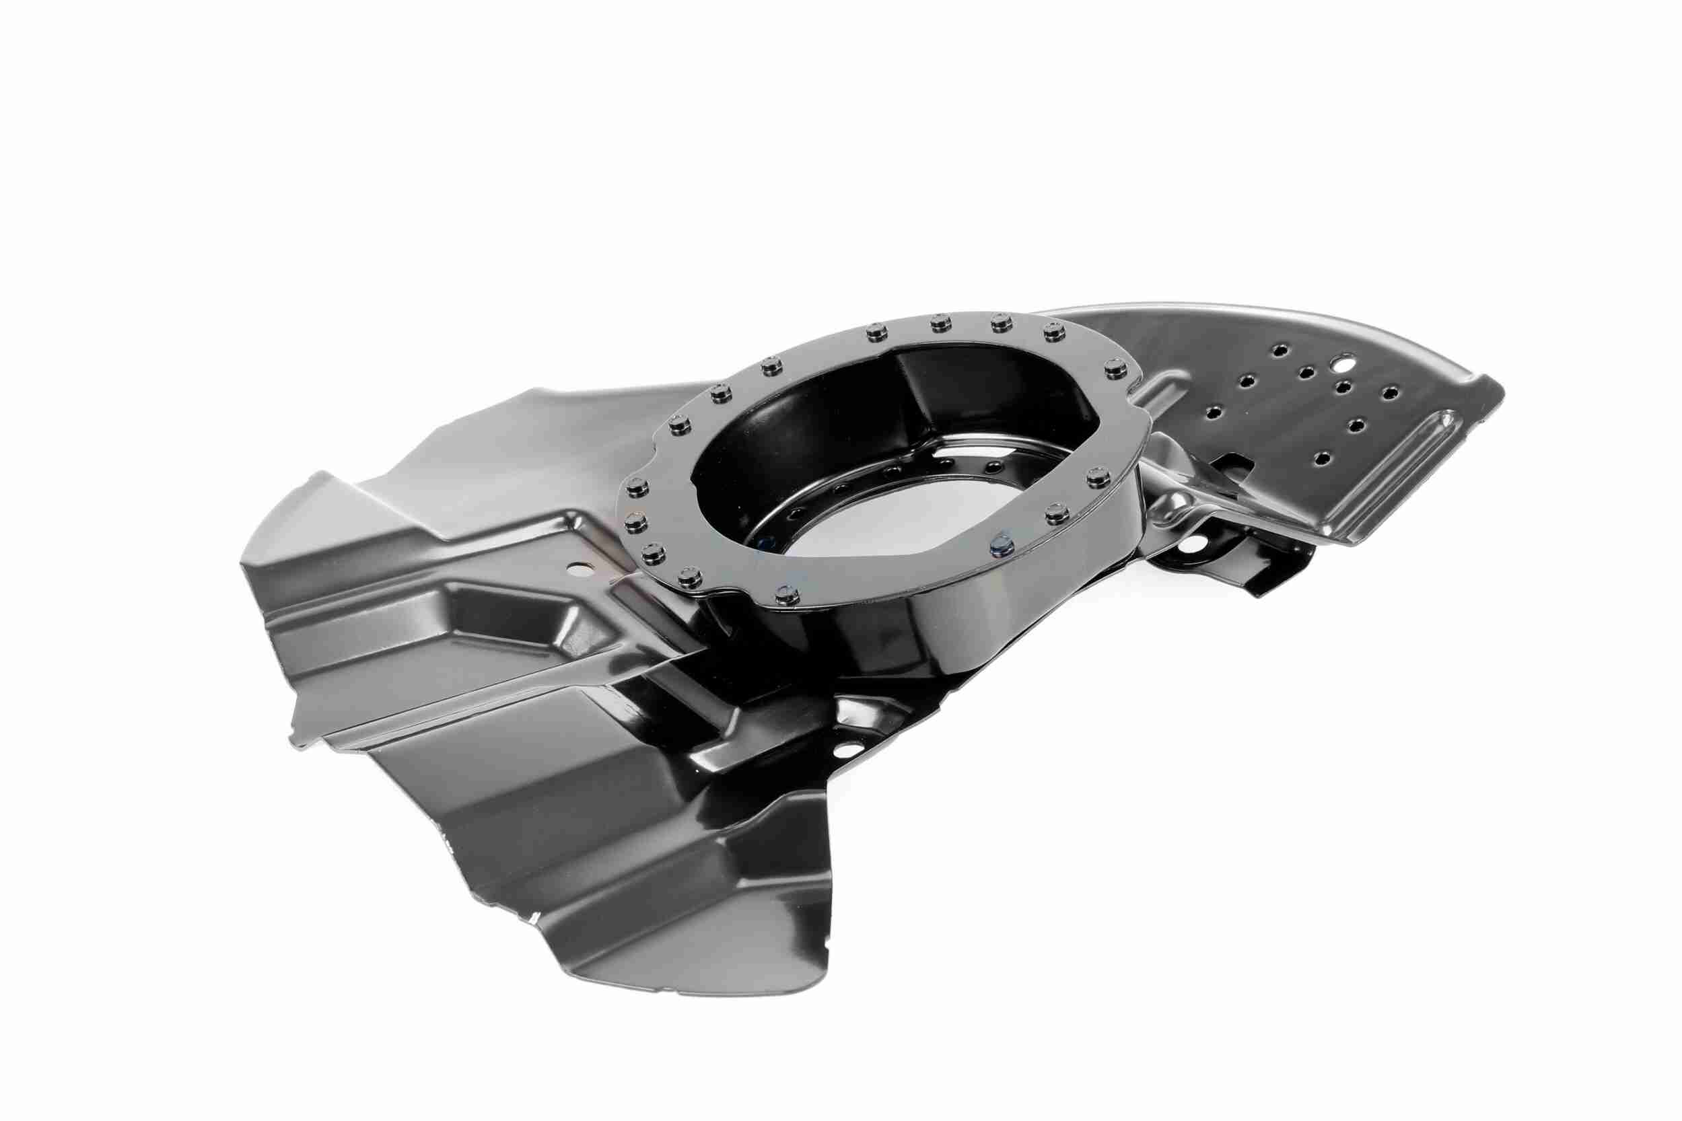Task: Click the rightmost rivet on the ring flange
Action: pyautogui.click(x=1113, y=369)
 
